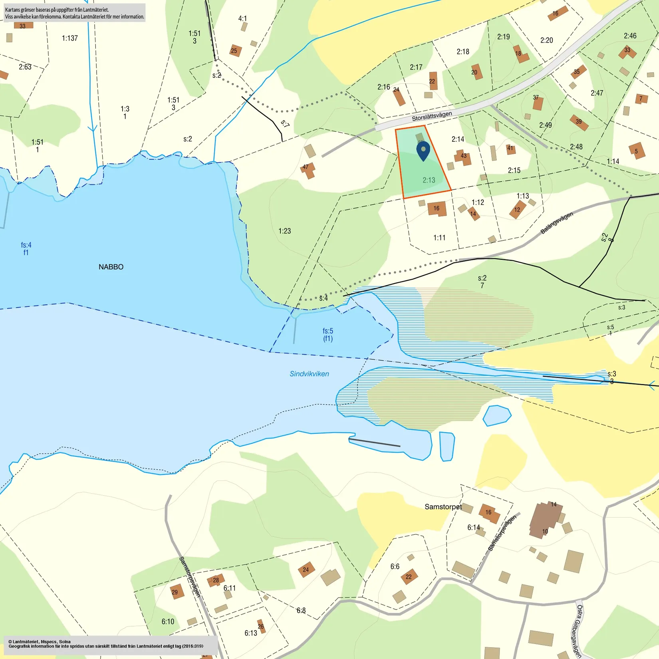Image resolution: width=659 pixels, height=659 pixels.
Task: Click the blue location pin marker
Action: [423, 151]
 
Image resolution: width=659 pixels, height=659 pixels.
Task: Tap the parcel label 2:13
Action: [429, 180]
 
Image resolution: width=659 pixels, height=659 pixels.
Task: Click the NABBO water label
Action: [111, 267]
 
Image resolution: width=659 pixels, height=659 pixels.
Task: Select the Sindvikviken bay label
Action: [309, 374]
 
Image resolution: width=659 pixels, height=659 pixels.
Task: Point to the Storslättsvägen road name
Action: [432, 116]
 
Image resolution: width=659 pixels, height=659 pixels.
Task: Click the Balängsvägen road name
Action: [556, 223]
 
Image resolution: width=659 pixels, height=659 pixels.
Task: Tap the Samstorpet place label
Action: [443, 507]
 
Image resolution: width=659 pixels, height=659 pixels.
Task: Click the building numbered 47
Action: [307, 170]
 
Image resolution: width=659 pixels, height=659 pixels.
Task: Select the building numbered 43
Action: [463, 157]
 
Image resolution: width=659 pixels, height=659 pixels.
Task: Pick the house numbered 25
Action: [235, 51]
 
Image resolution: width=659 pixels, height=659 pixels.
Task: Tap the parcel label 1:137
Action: [70, 38]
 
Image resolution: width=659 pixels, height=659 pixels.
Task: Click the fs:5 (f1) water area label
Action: [328, 335]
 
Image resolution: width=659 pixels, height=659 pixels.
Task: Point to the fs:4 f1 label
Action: [26, 248]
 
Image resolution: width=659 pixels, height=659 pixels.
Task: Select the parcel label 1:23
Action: [284, 231]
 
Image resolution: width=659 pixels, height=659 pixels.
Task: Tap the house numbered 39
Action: [579, 122]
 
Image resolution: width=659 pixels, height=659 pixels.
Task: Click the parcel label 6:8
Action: [301, 610]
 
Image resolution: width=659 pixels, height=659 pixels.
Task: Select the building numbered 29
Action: [176, 592]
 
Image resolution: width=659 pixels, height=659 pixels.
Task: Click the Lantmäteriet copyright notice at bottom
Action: [106, 644]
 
